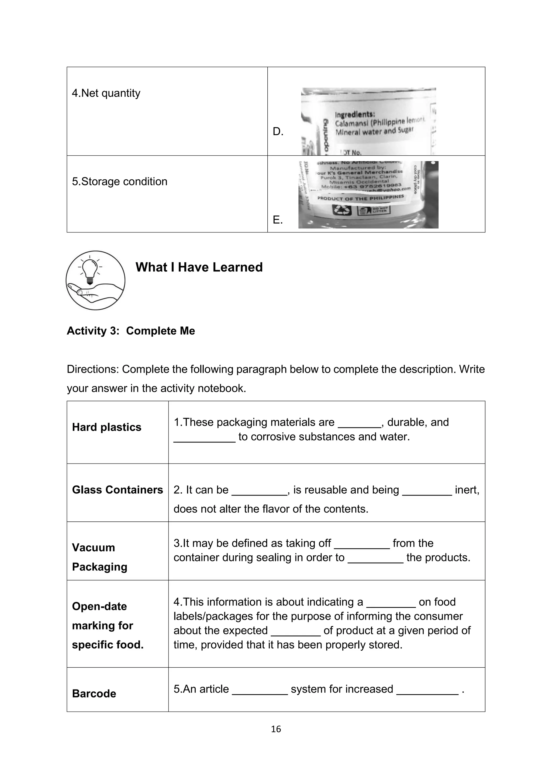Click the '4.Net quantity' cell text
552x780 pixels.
tap(106, 93)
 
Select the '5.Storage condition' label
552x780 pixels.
tap(120, 182)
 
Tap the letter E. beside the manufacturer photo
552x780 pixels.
tap(277, 220)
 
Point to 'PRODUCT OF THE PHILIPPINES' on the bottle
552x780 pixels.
tap(360, 198)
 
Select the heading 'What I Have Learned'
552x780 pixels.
tap(199, 267)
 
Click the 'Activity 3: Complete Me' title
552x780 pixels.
tap(131, 331)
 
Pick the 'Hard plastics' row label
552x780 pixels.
tap(106, 427)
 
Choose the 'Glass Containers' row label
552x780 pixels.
tap(117, 490)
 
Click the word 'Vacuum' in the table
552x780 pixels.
tap(94, 548)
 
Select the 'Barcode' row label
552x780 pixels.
tap(94, 694)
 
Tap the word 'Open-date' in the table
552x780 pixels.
tap(99, 606)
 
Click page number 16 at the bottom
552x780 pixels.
tap(276, 729)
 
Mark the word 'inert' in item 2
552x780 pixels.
tap(466, 490)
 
